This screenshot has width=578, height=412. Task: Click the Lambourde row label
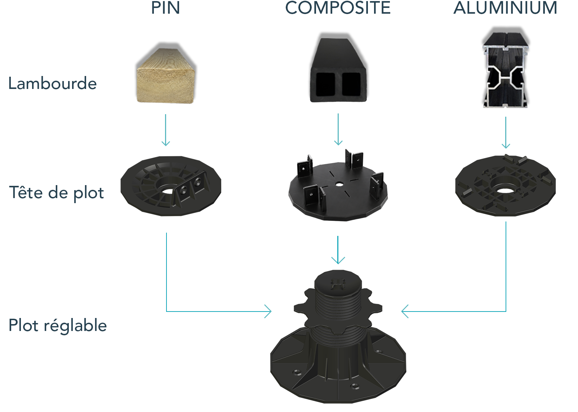tap(52, 83)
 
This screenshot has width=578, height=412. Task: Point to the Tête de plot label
tap(57, 193)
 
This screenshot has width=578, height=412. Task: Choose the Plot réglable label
tap(58, 325)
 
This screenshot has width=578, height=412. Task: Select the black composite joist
tap(338, 70)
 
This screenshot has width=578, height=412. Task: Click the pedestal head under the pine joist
tap(171, 186)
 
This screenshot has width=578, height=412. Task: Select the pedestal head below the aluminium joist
tap(505, 185)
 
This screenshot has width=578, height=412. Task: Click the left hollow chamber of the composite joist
tap(325, 84)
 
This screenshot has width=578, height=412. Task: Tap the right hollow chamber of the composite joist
tap(351, 84)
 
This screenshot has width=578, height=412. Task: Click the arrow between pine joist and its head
tap(166, 130)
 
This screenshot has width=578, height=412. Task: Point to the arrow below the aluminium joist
tap(506, 133)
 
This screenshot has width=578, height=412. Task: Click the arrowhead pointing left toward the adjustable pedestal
tap(405, 312)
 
